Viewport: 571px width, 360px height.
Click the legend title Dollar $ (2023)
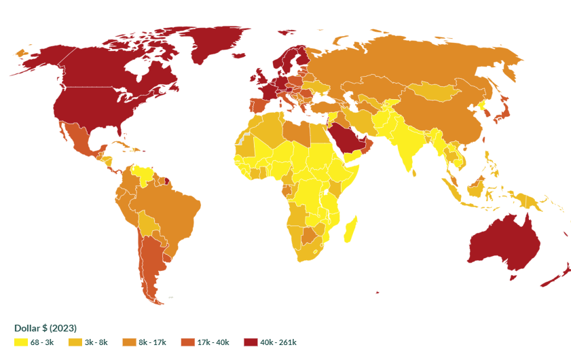45,328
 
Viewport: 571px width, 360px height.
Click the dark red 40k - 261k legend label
278,342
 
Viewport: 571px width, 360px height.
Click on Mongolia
435,92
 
